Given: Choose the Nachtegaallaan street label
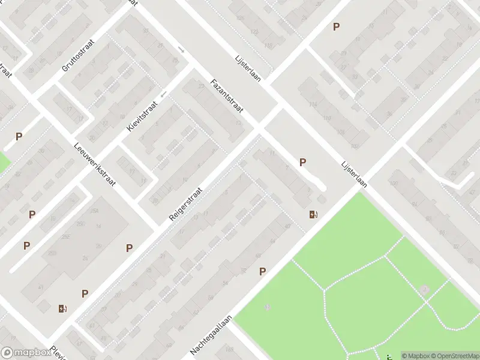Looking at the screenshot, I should tap(211, 335).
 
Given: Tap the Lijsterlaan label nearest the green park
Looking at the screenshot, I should tap(354, 174).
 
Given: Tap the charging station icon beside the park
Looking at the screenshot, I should tap(313, 215).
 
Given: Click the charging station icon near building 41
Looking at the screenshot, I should tap(63, 309).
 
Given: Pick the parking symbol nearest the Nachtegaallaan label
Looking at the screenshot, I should tap(262, 272).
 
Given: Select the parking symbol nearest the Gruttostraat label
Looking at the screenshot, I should tap(19, 136).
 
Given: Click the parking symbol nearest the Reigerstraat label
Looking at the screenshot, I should tap(129, 248).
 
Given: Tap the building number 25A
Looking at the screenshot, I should tap(94, 211).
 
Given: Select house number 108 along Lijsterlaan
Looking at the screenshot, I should tap(341, 132).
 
